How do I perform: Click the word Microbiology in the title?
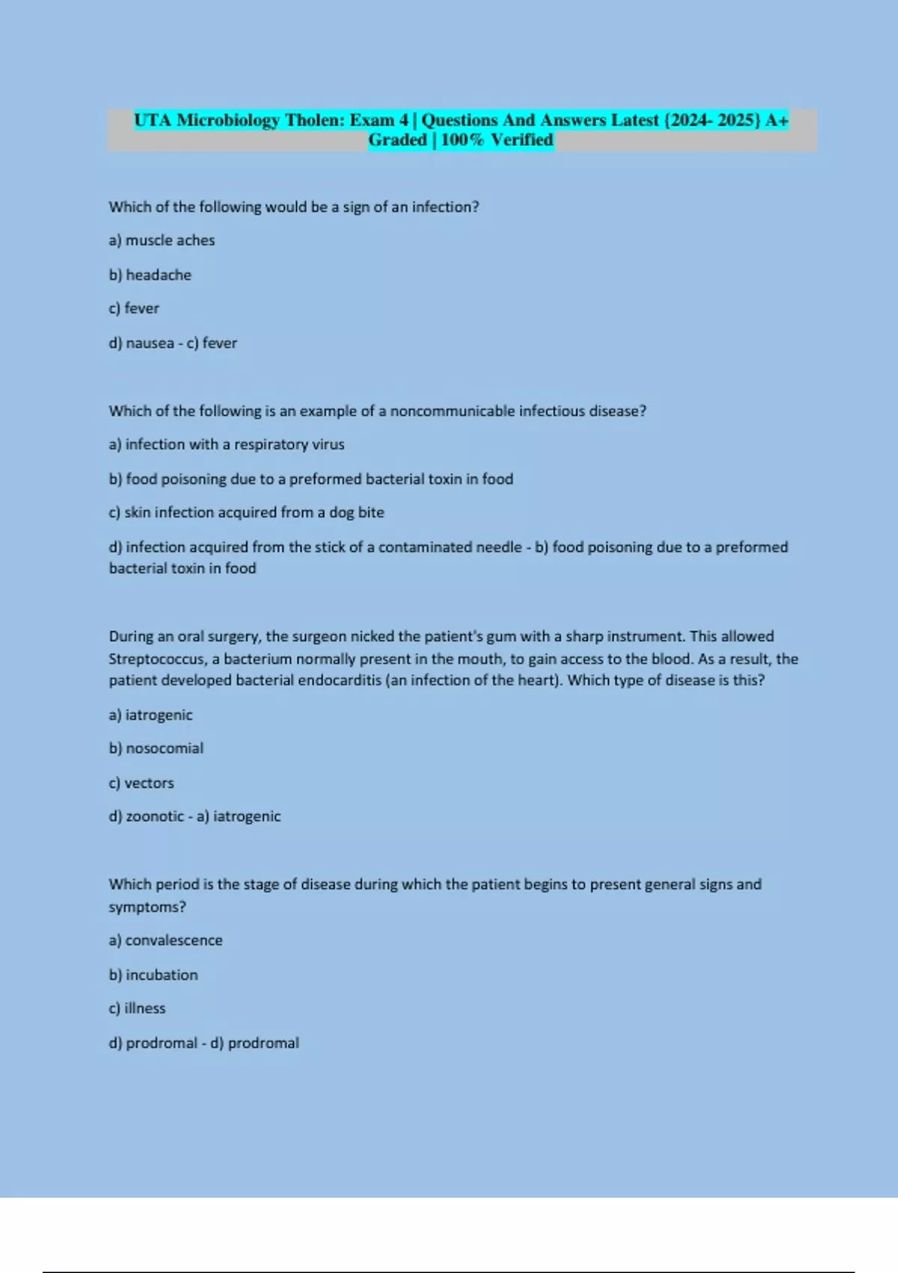227,121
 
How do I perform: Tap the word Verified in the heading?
522,140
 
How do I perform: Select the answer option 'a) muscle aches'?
162,240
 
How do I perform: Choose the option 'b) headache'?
150,275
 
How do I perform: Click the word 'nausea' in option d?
150,343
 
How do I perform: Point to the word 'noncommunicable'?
452,411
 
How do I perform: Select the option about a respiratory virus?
227,445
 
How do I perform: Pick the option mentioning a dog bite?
246,512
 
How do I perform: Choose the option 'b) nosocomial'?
156,748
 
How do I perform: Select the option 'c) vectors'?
141,783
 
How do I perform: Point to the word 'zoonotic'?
154,816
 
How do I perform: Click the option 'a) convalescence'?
165,941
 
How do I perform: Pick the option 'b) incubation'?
153,975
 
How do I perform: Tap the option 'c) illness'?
137,1009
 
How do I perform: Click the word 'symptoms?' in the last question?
147,907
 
